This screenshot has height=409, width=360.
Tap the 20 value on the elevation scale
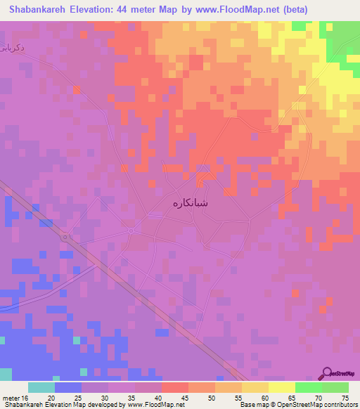click(51, 397)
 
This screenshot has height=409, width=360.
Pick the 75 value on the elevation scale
click(344, 397)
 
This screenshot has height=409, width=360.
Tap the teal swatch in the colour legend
click(41, 387)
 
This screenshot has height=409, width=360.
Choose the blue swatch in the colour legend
click(67, 387)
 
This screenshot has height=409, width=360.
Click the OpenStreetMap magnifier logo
click(328, 374)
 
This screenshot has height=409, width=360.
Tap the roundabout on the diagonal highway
click(65, 238)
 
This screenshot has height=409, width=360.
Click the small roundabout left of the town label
click(131, 230)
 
